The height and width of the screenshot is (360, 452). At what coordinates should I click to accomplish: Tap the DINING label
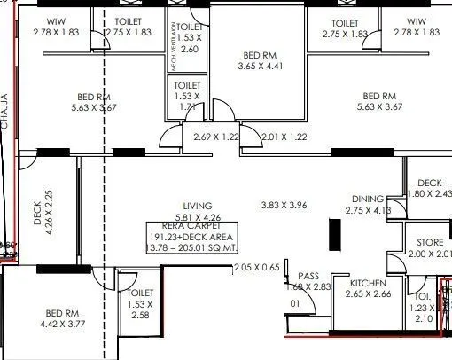pyautogui.click(x=367, y=200)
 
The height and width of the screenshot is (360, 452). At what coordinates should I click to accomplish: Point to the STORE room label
pyautogui.click(x=431, y=242)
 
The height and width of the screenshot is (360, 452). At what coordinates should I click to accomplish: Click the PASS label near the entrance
pyautogui.click(x=308, y=276)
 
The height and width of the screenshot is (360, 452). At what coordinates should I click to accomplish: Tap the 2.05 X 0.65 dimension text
pyautogui.click(x=257, y=267)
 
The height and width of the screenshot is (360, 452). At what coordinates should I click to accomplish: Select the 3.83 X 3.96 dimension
pyautogui.click(x=284, y=206)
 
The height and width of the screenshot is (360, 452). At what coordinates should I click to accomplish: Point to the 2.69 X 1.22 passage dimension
pyautogui.click(x=216, y=137)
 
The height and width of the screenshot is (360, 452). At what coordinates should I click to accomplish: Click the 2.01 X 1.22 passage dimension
pyautogui.click(x=284, y=137)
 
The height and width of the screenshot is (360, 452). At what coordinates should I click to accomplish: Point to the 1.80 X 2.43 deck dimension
pyautogui.click(x=433, y=193)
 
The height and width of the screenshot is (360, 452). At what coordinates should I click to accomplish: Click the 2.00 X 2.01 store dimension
pyautogui.click(x=431, y=254)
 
